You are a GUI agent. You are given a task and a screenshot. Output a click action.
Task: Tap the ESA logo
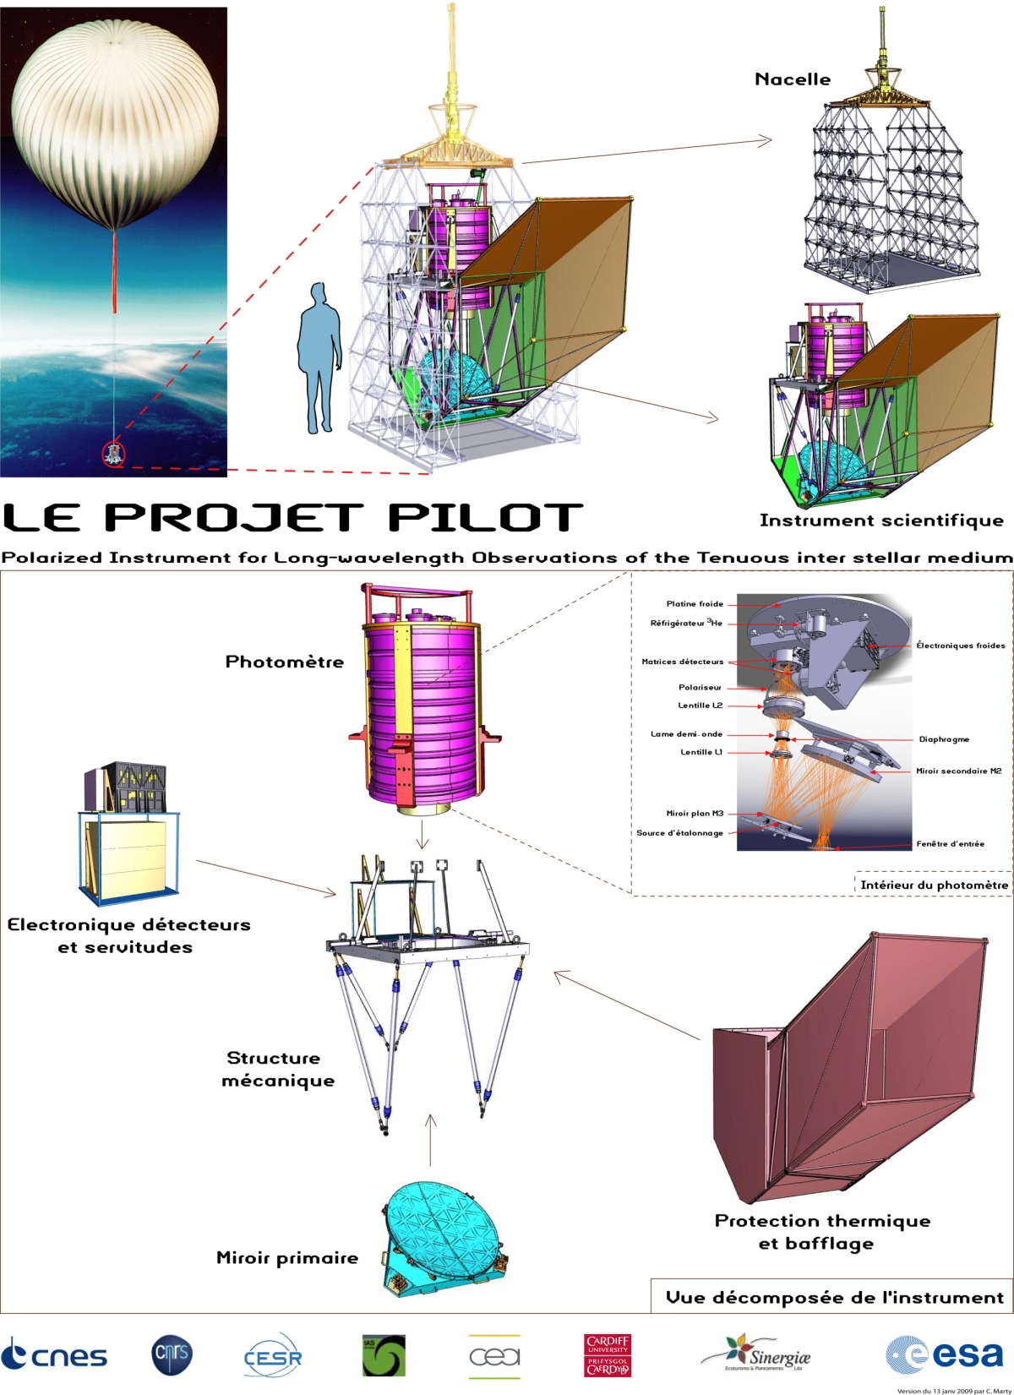pos(945,1354)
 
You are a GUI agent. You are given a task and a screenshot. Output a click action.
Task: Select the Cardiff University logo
pos(608,1354)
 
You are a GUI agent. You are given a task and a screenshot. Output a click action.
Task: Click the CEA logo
pos(494,1356)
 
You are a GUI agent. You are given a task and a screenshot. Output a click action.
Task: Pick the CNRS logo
pos(172,1354)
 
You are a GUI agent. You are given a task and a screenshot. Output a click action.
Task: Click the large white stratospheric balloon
pos(116,128)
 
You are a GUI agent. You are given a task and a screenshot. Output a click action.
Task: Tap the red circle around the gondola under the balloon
pos(113,454)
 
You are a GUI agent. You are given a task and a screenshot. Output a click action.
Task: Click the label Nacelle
pos(793,79)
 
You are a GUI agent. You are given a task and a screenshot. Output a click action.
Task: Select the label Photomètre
pos(285,662)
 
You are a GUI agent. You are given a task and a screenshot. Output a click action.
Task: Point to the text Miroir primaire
pos(287,1258)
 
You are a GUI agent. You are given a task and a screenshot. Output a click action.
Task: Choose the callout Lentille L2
pos(700,706)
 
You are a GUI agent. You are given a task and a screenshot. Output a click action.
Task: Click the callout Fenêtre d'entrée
pos(950,843)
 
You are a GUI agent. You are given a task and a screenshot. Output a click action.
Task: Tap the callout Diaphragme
pos(944,739)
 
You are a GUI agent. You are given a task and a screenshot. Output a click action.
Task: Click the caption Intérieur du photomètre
pos(934,885)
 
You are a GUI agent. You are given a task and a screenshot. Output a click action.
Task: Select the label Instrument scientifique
pos(881,520)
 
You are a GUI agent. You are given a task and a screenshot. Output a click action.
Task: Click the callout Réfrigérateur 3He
pos(686,624)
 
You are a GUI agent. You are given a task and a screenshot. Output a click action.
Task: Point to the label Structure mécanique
pos(277,1069)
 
